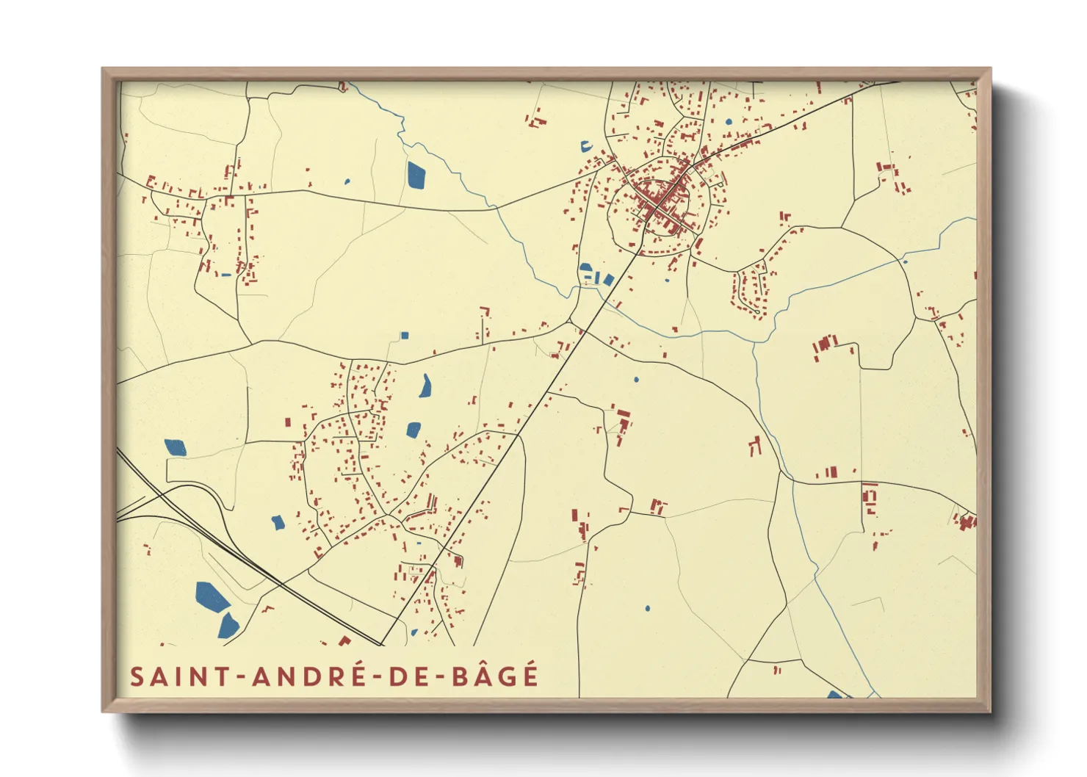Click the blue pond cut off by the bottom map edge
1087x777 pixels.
[x=835, y=694]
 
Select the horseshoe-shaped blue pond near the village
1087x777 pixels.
[x=586, y=146]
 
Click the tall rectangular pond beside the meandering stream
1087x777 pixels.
[x=416, y=175]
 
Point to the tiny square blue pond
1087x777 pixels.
[x=404, y=336]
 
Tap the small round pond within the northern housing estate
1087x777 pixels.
[x=729, y=122]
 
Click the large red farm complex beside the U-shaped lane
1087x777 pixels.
[x=825, y=346]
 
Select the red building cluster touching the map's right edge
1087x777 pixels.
[x=967, y=521]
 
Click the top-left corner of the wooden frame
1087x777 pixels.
[x=103, y=69]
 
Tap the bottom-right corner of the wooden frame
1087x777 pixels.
[x=990, y=711]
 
